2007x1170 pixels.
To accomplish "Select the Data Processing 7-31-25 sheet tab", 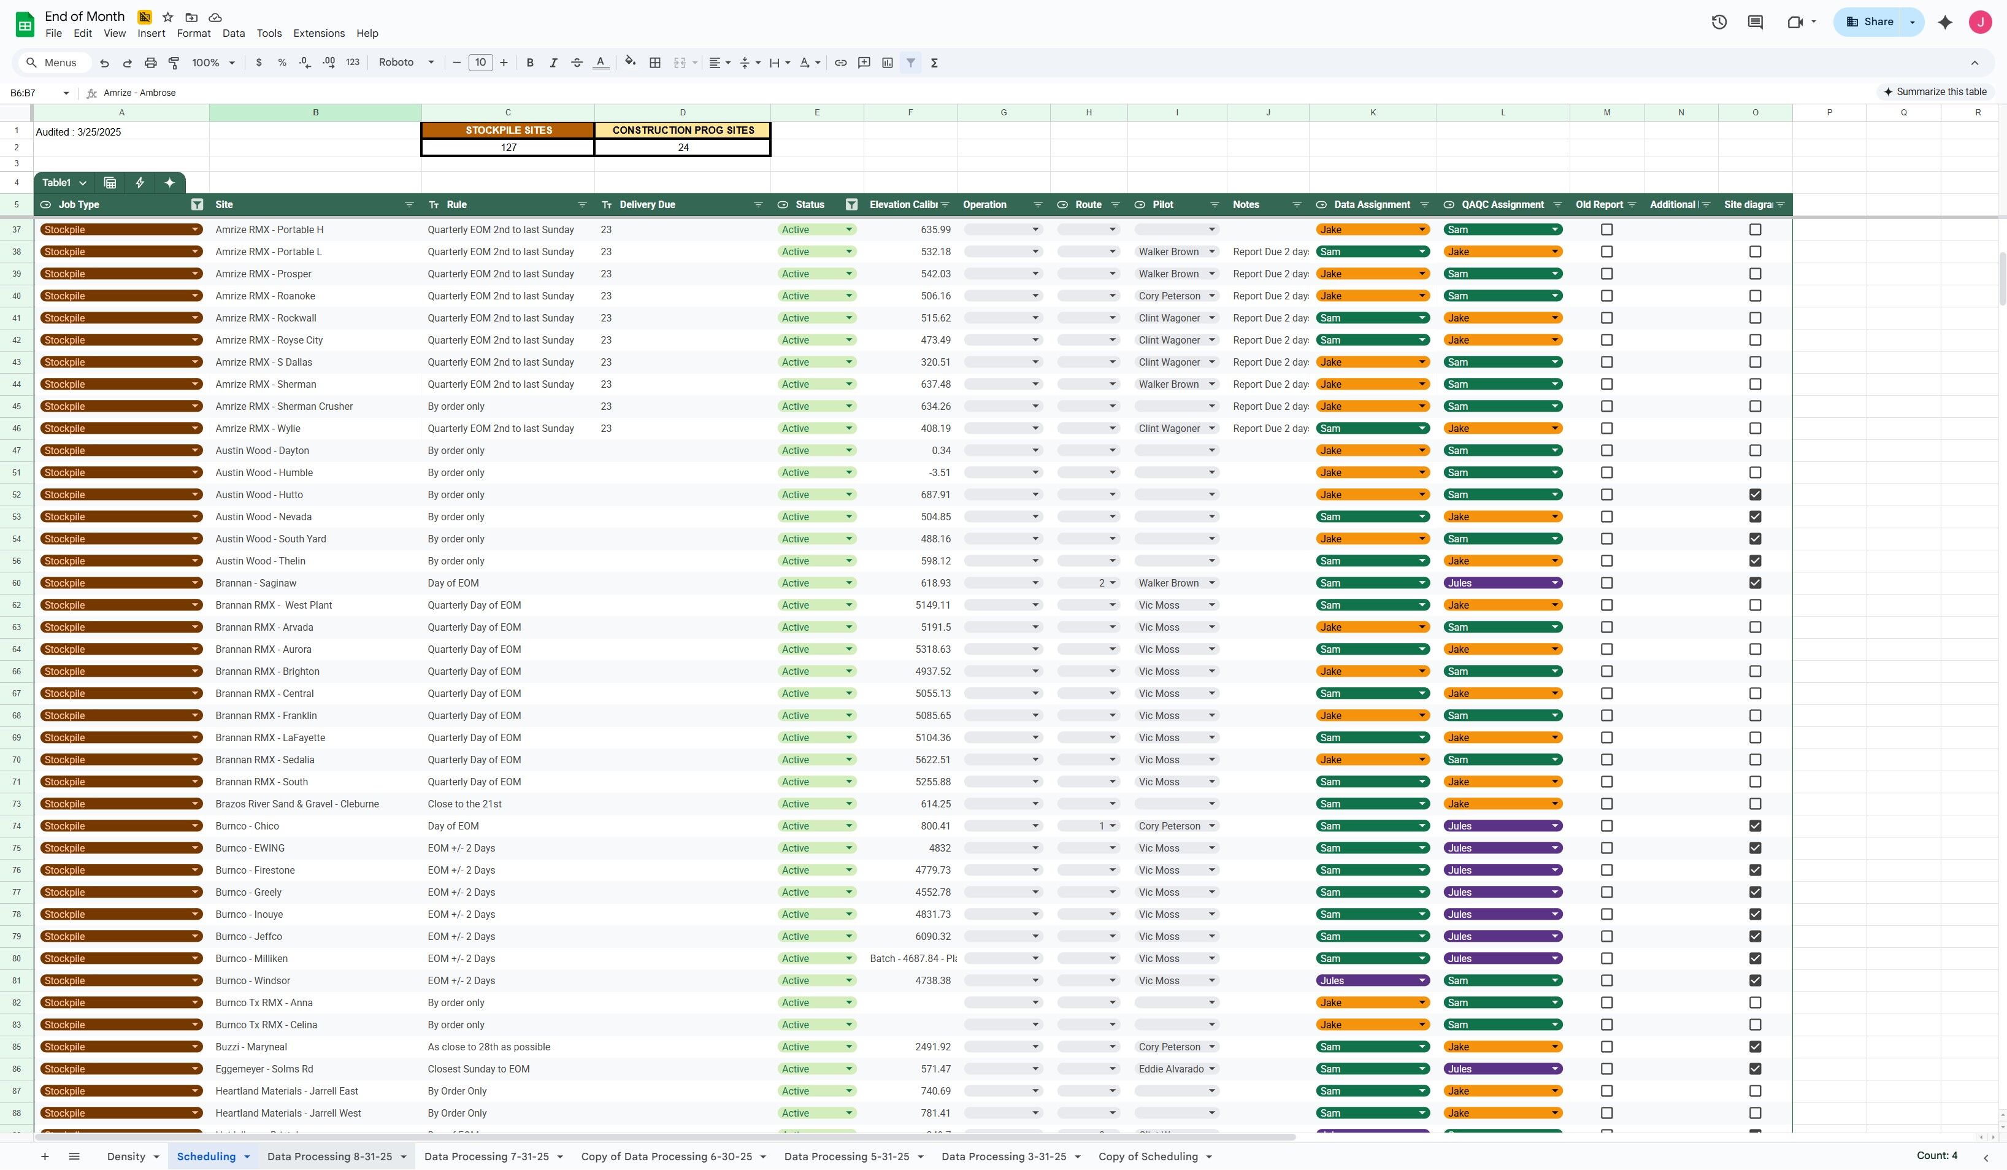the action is [486, 1157].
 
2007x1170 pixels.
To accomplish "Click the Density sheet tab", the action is [126, 1157].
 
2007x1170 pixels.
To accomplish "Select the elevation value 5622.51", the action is [932, 760].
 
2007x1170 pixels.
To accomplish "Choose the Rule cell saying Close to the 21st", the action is [464, 804].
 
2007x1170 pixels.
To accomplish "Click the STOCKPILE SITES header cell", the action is [508, 130].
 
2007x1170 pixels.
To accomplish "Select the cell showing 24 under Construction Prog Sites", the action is [683, 147].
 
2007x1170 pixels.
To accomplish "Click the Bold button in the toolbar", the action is [529, 63].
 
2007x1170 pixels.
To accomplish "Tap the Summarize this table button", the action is [1935, 91].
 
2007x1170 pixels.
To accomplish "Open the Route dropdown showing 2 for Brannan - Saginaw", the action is [1088, 583].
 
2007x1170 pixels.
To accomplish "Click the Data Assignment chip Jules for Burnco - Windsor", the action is [1372, 980].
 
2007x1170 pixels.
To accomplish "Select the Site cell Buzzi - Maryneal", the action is [251, 1047].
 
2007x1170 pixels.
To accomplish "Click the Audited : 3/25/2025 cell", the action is [78, 132].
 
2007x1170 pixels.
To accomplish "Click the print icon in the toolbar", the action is [150, 63].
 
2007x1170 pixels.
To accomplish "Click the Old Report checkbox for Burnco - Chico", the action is [1606, 826].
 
